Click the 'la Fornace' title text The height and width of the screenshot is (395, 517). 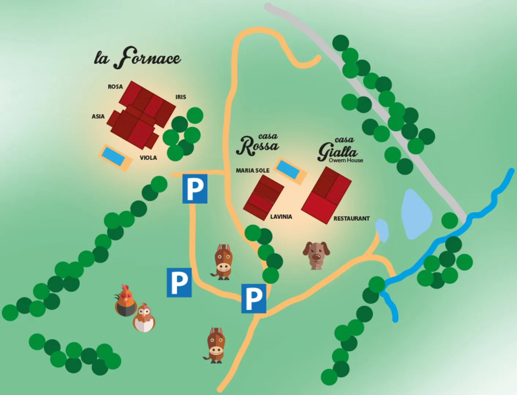pyautogui.click(x=137, y=58)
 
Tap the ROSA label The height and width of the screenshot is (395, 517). pyautogui.click(x=115, y=87)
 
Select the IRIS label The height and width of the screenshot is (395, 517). pyautogui.click(x=181, y=97)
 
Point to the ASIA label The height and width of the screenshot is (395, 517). pyautogui.click(x=98, y=116)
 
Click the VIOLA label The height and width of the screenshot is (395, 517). pyautogui.click(x=148, y=158)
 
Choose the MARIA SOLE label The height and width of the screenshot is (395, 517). pyautogui.click(x=252, y=170)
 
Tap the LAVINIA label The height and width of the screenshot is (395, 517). pyautogui.click(x=281, y=217)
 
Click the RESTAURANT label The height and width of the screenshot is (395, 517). pyautogui.click(x=351, y=218)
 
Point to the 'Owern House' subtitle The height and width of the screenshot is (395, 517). pyautogui.click(x=346, y=160)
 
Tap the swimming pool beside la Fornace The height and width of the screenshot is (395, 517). pyautogui.click(x=115, y=158)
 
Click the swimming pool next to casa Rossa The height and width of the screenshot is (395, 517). pyautogui.click(x=290, y=171)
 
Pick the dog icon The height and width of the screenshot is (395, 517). pyautogui.click(x=316, y=255)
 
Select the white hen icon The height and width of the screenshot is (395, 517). pyautogui.click(x=144, y=318)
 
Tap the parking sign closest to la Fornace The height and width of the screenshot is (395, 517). pyautogui.click(x=195, y=189)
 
